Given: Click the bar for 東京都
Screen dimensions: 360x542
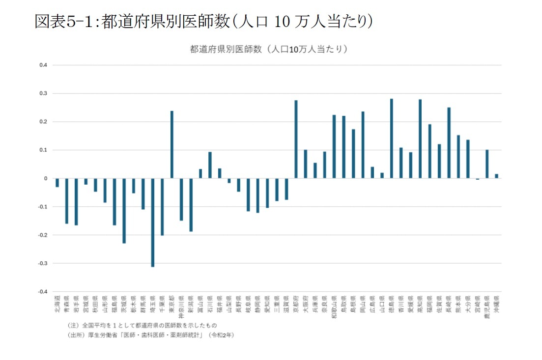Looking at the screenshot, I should [172, 144].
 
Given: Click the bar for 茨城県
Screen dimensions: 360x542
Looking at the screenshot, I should [124, 211].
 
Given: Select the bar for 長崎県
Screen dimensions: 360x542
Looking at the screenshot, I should [449, 142].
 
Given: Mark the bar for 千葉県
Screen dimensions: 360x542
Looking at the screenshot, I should [162, 207].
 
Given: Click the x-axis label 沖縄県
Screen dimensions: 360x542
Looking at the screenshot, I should [497, 305].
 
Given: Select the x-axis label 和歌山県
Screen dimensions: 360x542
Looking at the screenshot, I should [334, 307].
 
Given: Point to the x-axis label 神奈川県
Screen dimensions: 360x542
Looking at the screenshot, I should [181, 307].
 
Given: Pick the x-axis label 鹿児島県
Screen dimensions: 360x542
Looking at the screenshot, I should [487, 307].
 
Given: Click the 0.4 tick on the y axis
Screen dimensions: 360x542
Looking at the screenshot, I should [43, 65].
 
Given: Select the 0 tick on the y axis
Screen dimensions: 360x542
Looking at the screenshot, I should [45, 178].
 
